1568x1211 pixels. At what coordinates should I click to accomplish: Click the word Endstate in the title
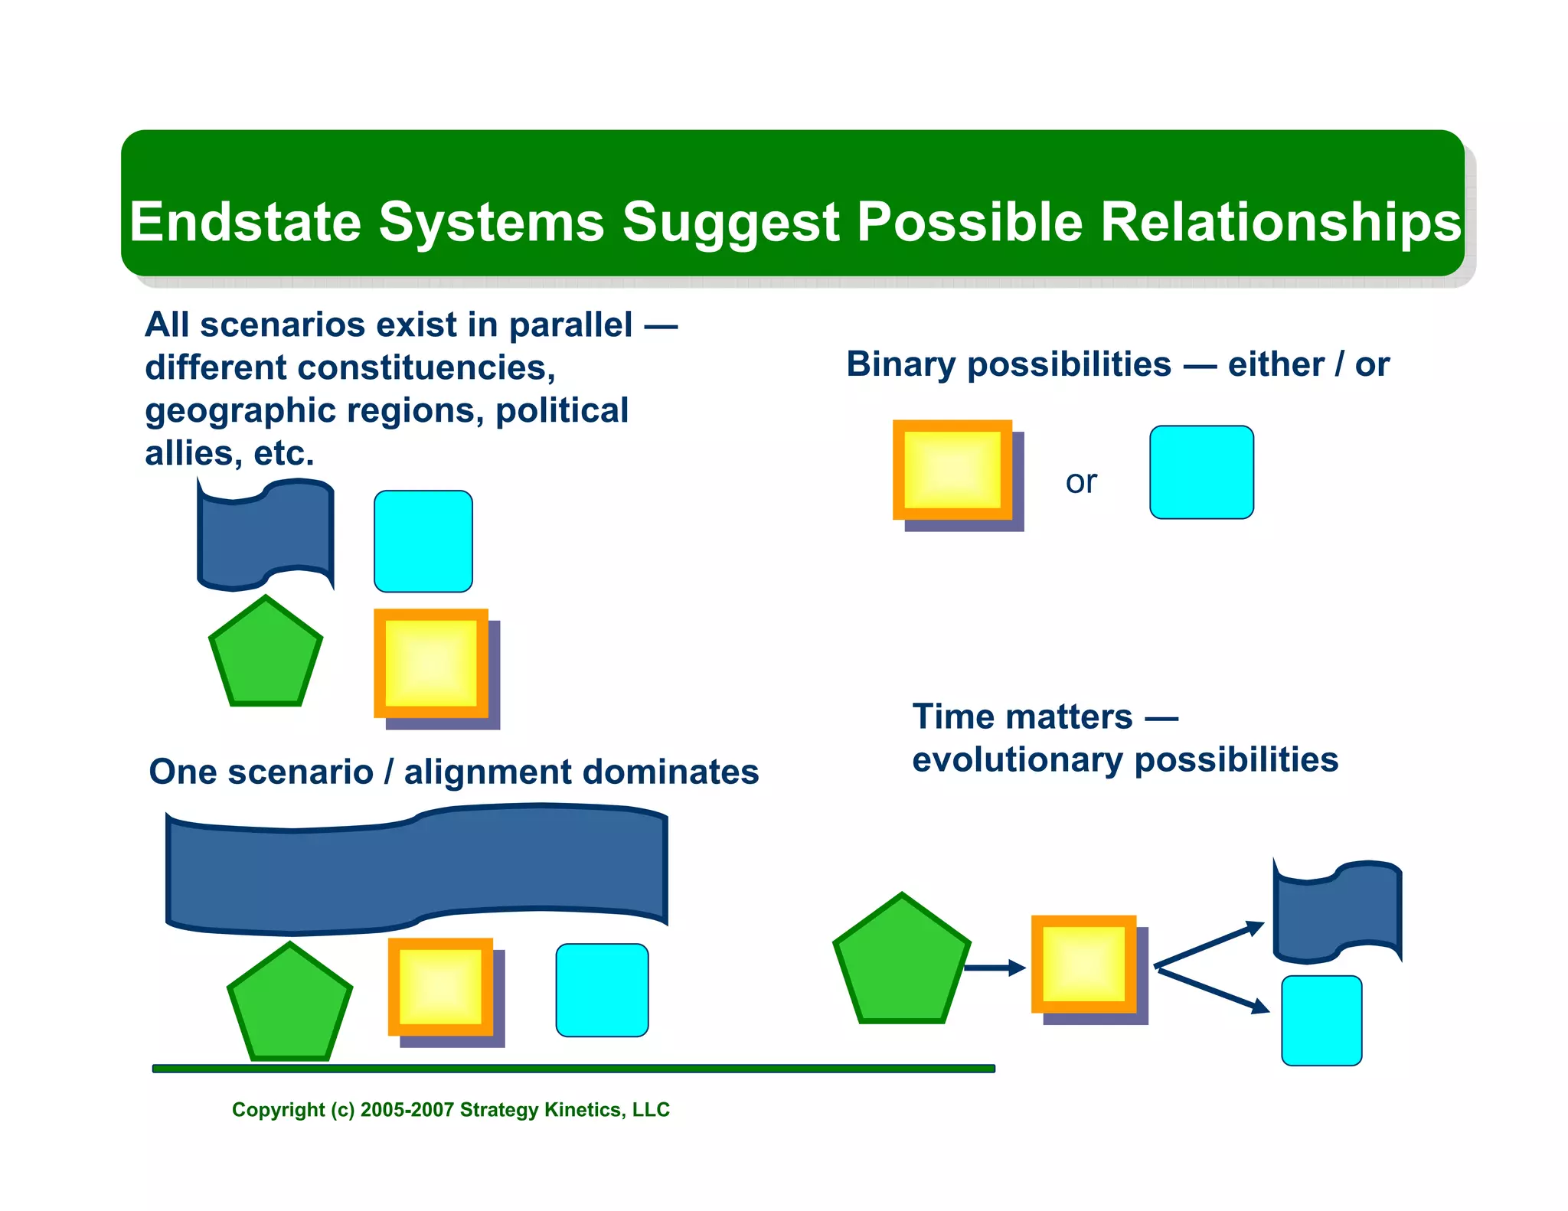point(245,222)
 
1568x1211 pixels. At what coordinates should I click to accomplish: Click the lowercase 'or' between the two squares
point(1081,481)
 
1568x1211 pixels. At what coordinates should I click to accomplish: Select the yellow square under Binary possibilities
point(952,470)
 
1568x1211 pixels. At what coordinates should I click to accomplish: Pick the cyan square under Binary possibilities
point(1201,472)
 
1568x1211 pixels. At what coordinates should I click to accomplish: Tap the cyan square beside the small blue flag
point(423,541)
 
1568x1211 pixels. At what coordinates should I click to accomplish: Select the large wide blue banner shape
point(416,869)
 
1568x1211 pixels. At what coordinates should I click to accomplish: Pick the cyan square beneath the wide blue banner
point(602,990)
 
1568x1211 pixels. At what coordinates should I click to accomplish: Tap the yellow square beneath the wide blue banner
point(441,987)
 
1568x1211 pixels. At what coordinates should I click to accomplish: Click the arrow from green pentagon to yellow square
point(994,968)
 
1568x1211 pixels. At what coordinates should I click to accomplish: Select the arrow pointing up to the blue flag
point(1210,944)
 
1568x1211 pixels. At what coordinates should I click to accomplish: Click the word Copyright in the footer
point(279,1110)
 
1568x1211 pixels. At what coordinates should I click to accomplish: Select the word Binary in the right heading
point(900,364)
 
